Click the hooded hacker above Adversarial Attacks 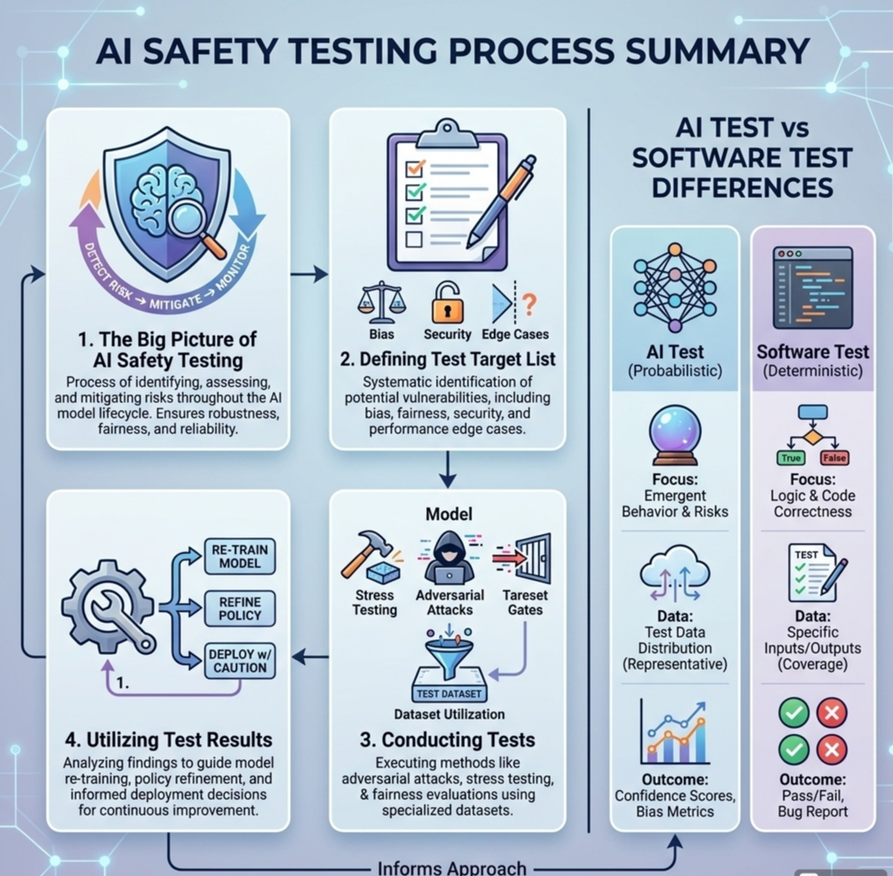449,558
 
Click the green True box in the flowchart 790,458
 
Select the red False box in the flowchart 834,458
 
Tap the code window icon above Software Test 813,286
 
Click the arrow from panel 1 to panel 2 309,276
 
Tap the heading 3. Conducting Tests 447,739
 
